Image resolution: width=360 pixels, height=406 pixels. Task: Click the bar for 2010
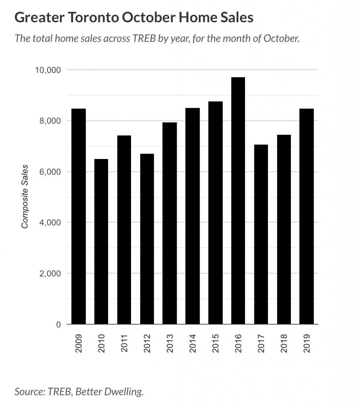click(x=101, y=241)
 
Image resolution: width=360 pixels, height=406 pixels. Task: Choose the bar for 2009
click(x=78, y=216)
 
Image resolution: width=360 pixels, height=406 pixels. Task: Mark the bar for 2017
click(x=261, y=234)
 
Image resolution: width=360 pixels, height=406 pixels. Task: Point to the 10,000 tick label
click(x=47, y=70)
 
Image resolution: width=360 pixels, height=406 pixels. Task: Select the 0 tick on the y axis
click(x=58, y=325)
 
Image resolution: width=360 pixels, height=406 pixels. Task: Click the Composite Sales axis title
click(x=25, y=197)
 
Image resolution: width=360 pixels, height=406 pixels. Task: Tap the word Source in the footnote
click(x=30, y=392)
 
